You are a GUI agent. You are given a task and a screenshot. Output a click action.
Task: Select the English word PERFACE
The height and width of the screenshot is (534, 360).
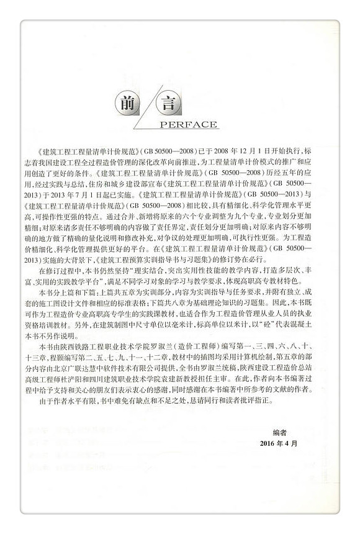(189, 124)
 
